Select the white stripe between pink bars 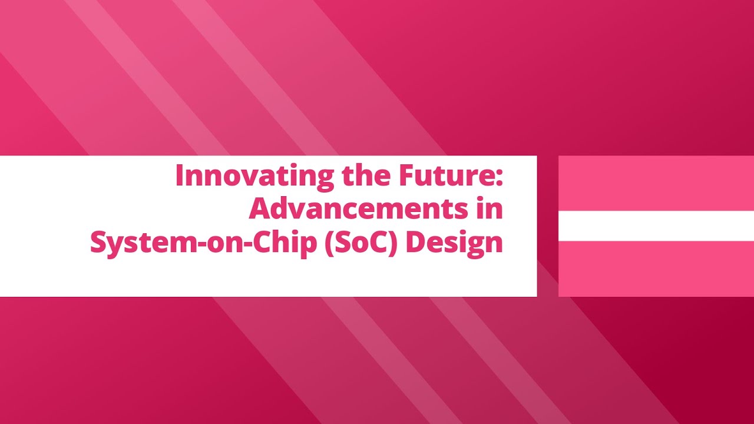pyautogui.click(x=656, y=226)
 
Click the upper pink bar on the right pyautogui.click(x=656, y=183)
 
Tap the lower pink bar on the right pyautogui.click(x=656, y=269)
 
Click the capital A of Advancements pyautogui.click(x=259, y=210)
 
